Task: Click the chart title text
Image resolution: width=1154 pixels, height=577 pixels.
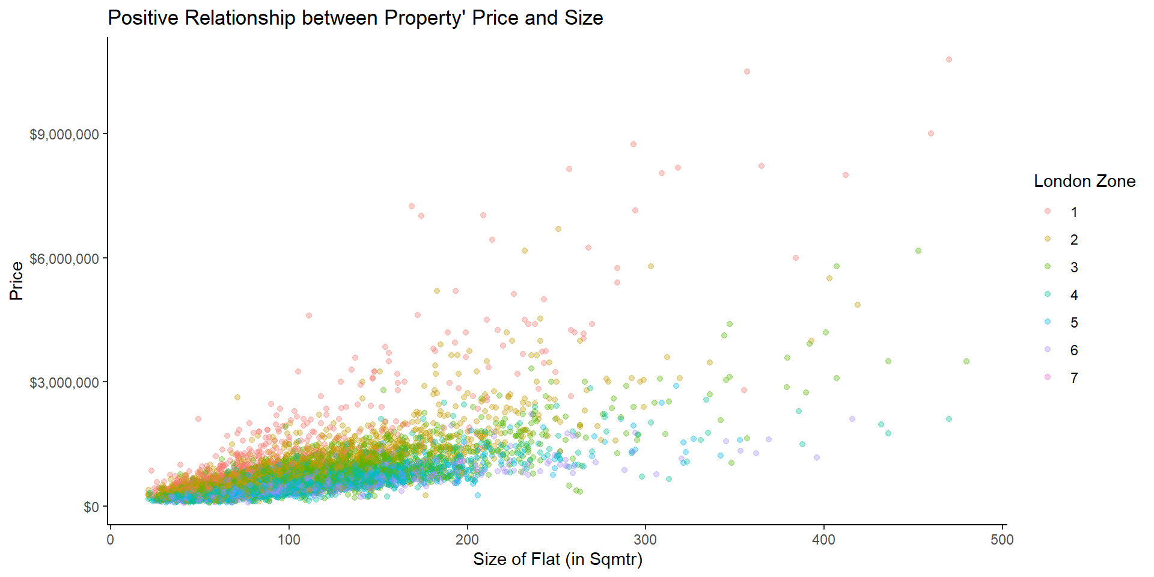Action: (x=355, y=18)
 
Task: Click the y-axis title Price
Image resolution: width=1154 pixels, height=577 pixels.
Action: (x=16, y=281)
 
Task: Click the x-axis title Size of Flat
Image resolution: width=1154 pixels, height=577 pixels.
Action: (x=557, y=560)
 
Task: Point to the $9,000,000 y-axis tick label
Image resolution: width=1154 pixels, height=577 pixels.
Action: (x=64, y=135)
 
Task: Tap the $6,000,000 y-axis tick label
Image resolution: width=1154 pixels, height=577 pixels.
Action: (x=64, y=259)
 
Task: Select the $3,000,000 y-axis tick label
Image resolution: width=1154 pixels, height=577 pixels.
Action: (x=64, y=383)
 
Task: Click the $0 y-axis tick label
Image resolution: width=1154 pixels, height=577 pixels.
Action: (x=91, y=507)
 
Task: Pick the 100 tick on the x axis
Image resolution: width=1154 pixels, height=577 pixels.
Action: (x=288, y=540)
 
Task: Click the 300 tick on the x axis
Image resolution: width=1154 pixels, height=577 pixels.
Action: (x=646, y=540)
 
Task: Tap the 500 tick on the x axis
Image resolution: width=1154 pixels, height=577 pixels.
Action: (x=1003, y=540)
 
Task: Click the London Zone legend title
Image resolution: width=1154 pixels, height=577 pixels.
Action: (x=1084, y=182)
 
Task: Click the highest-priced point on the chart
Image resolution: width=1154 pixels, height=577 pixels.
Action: (x=949, y=60)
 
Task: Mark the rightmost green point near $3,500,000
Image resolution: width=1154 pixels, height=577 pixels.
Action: (x=966, y=361)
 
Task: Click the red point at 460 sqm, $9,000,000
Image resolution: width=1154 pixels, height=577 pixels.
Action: (x=931, y=133)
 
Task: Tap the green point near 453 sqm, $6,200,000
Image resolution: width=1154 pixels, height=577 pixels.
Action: (x=918, y=251)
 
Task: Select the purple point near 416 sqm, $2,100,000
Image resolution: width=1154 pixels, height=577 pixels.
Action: (x=852, y=419)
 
